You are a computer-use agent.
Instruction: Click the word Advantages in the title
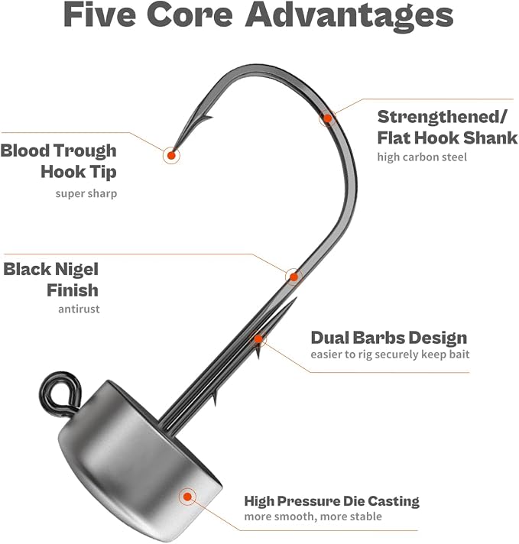(349, 15)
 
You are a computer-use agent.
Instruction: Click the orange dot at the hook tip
(171, 155)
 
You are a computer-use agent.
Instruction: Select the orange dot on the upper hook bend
(327, 118)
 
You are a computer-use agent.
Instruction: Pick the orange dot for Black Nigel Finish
(294, 277)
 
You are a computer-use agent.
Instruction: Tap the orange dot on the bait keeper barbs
(258, 338)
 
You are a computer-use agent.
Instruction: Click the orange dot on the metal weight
(187, 497)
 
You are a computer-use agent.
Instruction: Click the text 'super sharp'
(86, 193)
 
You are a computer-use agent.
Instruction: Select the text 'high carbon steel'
(422, 157)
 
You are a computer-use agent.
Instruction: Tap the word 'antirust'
(79, 309)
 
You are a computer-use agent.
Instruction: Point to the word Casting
(394, 501)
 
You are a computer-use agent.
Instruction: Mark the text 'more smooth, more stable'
(313, 516)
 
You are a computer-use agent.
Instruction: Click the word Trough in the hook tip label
(86, 151)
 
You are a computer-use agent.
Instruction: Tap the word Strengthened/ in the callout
(443, 118)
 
